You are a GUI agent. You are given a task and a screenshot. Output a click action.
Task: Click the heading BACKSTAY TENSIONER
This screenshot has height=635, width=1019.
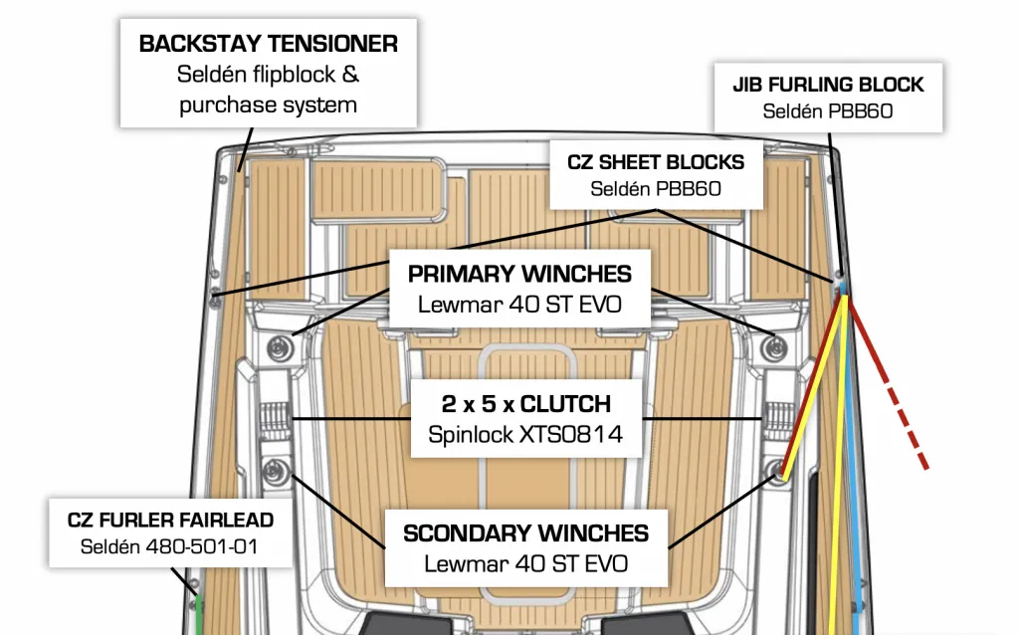click(x=269, y=44)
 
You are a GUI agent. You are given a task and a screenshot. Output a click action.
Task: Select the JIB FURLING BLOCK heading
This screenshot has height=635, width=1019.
click(x=828, y=85)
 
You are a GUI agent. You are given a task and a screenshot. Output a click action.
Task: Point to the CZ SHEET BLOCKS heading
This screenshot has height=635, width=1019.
click(x=655, y=161)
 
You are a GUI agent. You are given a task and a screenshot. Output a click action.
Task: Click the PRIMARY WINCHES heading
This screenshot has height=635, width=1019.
click(x=519, y=274)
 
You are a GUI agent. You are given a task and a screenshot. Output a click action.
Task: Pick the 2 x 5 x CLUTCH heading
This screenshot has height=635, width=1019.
click(x=525, y=404)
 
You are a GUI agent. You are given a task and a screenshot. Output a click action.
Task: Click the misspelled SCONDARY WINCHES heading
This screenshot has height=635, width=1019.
click(x=525, y=533)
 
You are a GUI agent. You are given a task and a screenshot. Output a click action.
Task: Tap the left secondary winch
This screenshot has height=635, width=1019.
click(x=273, y=470)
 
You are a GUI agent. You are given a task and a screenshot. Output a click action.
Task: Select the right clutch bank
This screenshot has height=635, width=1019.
click(x=777, y=417)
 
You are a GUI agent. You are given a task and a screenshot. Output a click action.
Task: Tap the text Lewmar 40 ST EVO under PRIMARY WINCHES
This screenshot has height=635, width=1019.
click(x=519, y=304)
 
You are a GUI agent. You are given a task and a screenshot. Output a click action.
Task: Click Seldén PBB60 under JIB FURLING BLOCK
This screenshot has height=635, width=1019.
click(x=828, y=111)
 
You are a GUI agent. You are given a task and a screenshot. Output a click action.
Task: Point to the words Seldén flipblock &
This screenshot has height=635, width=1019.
click(x=269, y=75)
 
